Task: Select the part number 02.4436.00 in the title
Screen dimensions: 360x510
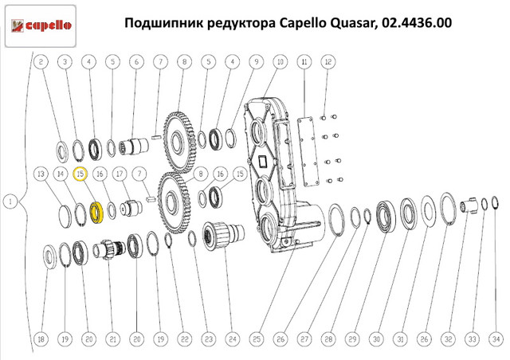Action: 414,24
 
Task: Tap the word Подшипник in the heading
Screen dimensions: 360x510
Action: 163,24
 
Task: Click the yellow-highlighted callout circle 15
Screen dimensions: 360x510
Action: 80,174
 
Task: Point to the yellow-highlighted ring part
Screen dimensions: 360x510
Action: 96,212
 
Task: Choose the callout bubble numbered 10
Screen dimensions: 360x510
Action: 280,61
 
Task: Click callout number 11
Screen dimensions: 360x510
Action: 304,61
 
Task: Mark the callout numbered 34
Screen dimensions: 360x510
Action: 495,340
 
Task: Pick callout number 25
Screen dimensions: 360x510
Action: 257,340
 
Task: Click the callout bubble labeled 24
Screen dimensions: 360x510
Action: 232,340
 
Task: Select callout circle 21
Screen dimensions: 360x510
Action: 112,340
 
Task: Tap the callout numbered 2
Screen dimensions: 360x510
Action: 41,61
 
